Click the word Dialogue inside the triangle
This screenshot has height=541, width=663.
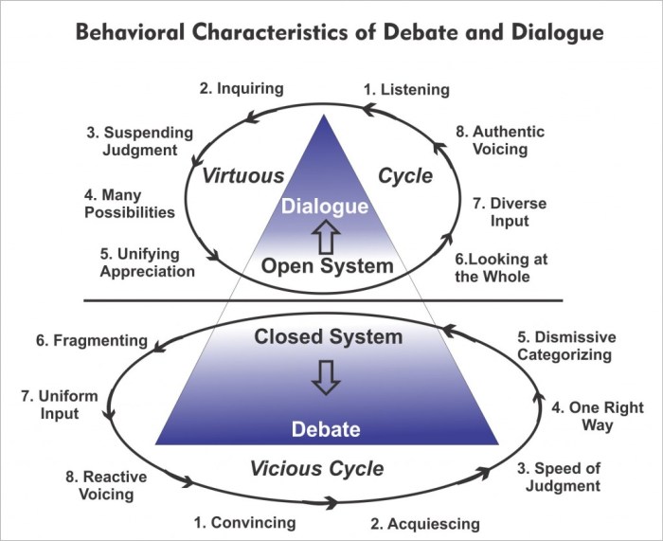[x=326, y=206]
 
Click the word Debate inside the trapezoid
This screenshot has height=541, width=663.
[x=325, y=429]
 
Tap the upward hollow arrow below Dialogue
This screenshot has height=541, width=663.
[x=327, y=235]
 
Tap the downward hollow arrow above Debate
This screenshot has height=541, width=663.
[x=326, y=379]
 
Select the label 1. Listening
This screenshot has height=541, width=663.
[x=406, y=90]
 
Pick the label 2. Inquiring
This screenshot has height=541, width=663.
[x=242, y=88]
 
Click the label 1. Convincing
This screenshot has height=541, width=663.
[x=244, y=522]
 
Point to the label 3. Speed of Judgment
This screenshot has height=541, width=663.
[x=558, y=477]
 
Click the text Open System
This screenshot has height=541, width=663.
[x=327, y=266]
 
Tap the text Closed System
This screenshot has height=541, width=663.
[x=327, y=336]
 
